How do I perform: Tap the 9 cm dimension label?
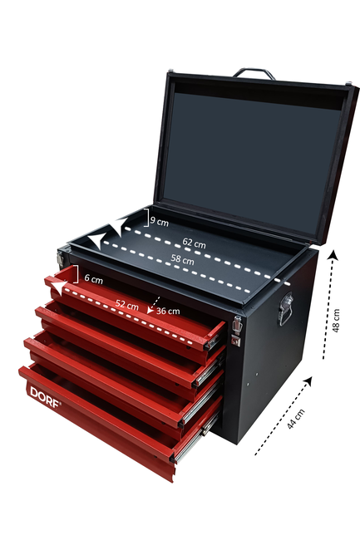click(160, 222)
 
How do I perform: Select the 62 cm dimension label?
click(194, 243)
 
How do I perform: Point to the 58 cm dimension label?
click(182, 259)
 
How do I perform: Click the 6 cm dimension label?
click(94, 278)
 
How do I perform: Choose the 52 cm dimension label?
click(126, 305)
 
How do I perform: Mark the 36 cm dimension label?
click(168, 311)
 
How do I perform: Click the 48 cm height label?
click(336, 321)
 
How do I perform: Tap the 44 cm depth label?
click(296, 419)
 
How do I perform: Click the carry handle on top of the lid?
click(254, 71)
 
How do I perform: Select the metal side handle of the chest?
click(285, 309)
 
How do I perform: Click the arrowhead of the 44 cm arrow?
click(308, 381)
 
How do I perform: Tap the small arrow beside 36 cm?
click(153, 305)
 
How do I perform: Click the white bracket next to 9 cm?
click(146, 218)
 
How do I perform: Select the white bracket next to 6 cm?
click(76, 274)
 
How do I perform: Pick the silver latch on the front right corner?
click(236, 331)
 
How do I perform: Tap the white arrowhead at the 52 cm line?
click(58, 287)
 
